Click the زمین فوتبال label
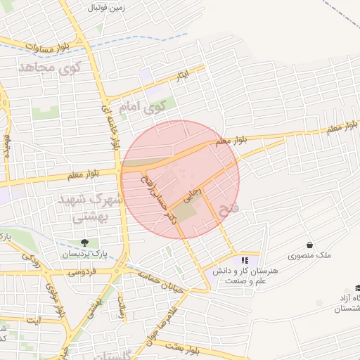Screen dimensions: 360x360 pyautogui.click(x=105, y=8)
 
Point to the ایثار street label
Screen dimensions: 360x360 pyautogui.click(x=183, y=74)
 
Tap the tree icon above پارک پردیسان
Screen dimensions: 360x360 pyautogui.click(x=85, y=243)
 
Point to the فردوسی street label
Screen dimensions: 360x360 pyautogui.click(x=82, y=272)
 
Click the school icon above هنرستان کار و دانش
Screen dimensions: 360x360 pyautogui.click(x=244, y=260)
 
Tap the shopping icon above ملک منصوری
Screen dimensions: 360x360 pyautogui.click(x=309, y=245)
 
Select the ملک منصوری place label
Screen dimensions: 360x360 pyautogui.click(x=309, y=257)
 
